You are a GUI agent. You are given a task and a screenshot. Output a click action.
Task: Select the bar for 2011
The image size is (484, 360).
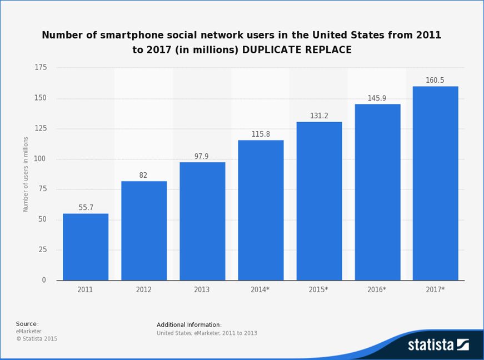pyautogui.click(x=86, y=247)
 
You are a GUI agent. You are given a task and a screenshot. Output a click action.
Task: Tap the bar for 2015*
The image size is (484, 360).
pyautogui.click(x=319, y=201)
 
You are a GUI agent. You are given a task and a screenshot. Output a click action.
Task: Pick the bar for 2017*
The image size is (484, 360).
pyautogui.click(x=435, y=183)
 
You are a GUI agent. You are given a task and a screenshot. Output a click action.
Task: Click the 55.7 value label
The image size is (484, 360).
pyautogui.click(x=86, y=208)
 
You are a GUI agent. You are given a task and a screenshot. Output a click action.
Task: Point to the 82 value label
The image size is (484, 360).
pyautogui.click(x=143, y=176)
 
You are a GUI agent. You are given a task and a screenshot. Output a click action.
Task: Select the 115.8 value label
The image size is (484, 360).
pyautogui.click(x=261, y=134)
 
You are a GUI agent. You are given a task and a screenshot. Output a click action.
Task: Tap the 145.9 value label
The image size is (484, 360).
pyautogui.click(x=377, y=98)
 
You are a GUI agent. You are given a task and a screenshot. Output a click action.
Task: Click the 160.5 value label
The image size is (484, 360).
pyautogui.click(x=435, y=81)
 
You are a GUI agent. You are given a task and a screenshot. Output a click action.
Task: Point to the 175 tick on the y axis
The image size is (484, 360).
pyautogui.click(x=41, y=68)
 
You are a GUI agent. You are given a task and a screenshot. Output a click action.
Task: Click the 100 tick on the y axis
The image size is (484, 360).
pyautogui.click(x=41, y=159)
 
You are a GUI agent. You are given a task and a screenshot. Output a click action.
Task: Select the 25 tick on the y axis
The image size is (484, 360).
pyautogui.click(x=42, y=250)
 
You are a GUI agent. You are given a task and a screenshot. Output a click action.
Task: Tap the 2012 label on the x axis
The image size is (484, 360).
pyautogui.click(x=143, y=290)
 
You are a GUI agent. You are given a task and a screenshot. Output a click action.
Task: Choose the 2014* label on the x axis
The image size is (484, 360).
pyautogui.click(x=261, y=290)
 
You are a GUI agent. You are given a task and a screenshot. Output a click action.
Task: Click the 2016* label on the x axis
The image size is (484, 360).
pyautogui.click(x=377, y=290)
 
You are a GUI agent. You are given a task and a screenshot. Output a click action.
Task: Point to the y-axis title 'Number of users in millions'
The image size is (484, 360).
pyautogui.click(x=26, y=174)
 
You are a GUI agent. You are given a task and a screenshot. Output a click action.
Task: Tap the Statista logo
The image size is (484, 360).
pyautogui.click(x=438, y=344)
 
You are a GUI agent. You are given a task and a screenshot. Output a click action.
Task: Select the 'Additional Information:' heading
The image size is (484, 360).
pyautogui.click(x=189, y=325)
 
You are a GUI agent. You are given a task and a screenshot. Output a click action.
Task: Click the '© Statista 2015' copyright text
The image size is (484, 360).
pyautogui.click(x=37, y=339)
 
